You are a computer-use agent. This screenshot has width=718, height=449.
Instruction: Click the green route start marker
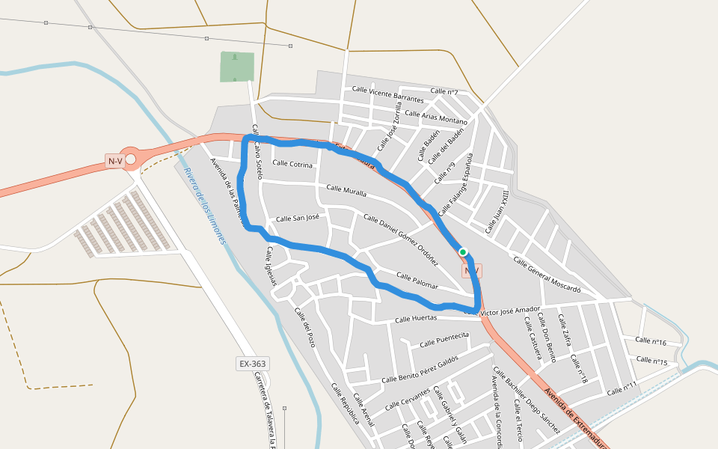[x=463, y=252]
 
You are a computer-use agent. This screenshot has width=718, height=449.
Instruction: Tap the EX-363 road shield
[x=252, y=364]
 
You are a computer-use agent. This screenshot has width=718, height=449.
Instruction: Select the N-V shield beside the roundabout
[x=114, y=161]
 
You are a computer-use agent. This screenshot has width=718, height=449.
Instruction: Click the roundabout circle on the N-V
[x=131, y=159]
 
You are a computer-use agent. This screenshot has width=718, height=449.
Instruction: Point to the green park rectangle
[x=237, y=67]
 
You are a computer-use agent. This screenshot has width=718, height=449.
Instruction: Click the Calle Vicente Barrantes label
[x=387, y=94]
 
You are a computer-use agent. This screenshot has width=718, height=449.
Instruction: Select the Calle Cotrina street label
[x=292, y=163]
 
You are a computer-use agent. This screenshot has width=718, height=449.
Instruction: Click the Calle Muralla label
[x=346, y=191]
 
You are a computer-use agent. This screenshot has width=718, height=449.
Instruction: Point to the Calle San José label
[x=298, y=219]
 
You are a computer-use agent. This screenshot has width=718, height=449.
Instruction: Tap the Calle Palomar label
[x=417, y=281]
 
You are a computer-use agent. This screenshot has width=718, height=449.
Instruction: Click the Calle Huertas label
[x=415, y=319]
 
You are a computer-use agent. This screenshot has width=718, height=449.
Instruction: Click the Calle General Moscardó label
[x=547, y=275]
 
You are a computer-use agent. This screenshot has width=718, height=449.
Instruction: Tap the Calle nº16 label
[x=651, y=341]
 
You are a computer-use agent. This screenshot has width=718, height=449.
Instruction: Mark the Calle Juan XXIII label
[x=497, y=211]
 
